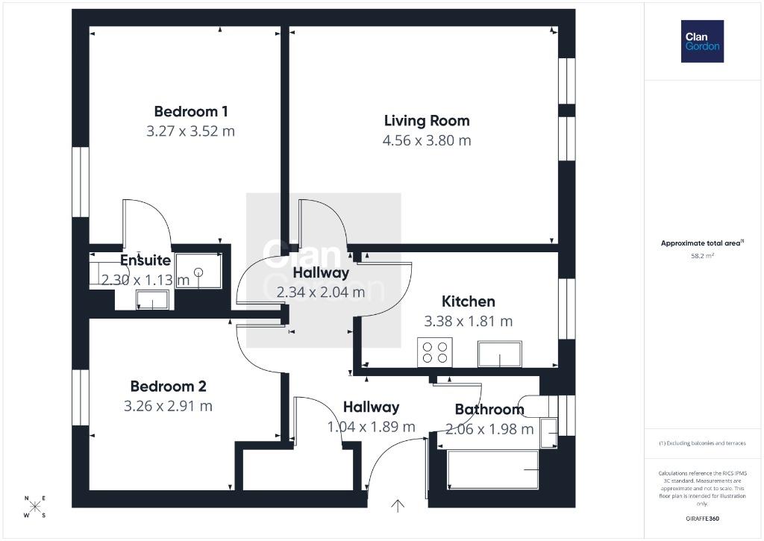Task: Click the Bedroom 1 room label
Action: [x=191, y=112]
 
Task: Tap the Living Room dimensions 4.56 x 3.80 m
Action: [x=427, y=141]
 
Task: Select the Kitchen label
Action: [x=469, y=301]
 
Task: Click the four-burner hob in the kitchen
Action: [x=435, y=352]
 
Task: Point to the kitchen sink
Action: [x=500, y=354]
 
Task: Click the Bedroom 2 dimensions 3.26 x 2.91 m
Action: [x=168, y=406]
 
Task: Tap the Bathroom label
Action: [x=489, y=410]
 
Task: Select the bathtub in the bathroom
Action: [x=492, y=469]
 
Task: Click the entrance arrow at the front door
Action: [x=398, y=506]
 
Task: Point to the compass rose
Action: [x=35, y=507]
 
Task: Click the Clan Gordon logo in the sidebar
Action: [x=702, y=42]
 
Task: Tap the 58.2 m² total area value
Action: [x=702, y=255]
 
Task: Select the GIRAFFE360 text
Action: [x=702, y=519]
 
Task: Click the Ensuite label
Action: [x=145, y=260]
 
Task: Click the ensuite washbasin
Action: [x=152, y=300]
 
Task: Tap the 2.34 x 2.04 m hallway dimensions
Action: [x=321, y=293]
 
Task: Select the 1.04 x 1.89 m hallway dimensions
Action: [x=372, y=427]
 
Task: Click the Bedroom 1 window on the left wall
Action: [x=81, y=182]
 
